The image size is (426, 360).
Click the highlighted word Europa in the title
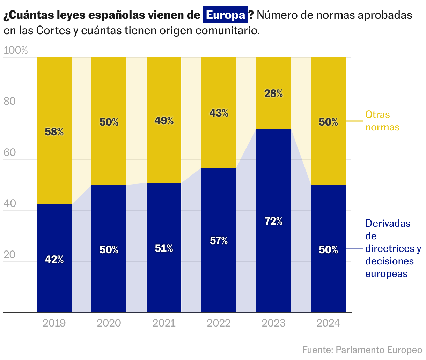click(226, 15)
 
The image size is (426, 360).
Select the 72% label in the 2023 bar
click(273, 221)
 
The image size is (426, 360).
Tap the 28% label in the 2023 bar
click(273, 93)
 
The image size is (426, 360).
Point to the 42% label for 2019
click(54, 260)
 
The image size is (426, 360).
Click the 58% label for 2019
click(54, 132)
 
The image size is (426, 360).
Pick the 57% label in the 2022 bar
click(219, 241)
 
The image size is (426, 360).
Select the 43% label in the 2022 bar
click(219, 113)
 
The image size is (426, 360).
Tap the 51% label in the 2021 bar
click(164, 248)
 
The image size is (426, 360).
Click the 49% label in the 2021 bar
click(164, 121)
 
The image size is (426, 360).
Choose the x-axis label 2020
click(109, 323)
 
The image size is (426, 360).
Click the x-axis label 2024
click(328, 323)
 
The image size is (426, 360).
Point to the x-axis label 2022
click(219, 323)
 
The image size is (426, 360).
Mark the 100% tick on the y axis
click(15, 51)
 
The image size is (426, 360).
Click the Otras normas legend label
click(382, 121)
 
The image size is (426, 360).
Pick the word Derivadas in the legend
click(388, 223)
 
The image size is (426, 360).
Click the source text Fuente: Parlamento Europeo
click(362, 350)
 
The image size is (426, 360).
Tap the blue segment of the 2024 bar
click(328, 279)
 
